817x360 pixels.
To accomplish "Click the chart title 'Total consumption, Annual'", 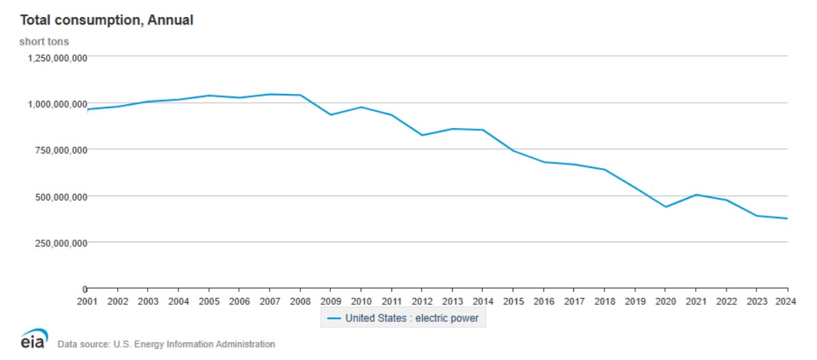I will click(106, 20).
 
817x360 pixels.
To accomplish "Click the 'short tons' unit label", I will click(44, 42).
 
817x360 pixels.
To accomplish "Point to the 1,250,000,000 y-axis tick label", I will click(57, 58).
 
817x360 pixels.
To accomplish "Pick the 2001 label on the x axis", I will click(88, 300).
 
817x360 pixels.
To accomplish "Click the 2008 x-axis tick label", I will click(300, 300).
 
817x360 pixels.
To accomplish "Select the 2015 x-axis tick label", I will click(513, 300).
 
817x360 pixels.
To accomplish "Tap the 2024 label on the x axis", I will click(787, 300).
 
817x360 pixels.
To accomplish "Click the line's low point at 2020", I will click(665, 207).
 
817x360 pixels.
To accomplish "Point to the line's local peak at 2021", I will click(696, 195).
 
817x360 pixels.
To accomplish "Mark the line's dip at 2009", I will click(331, 114).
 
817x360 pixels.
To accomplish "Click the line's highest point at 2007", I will click(270, 94).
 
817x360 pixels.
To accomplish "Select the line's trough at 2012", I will click(422, 135).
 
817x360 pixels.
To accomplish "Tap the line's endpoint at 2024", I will click(787, 218).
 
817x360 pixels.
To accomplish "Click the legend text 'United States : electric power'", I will click(412, 318).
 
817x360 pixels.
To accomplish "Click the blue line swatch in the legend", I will click(334, 318).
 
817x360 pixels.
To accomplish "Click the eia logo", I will click(34, 340).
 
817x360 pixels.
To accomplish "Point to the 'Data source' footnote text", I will click(166, 344).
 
